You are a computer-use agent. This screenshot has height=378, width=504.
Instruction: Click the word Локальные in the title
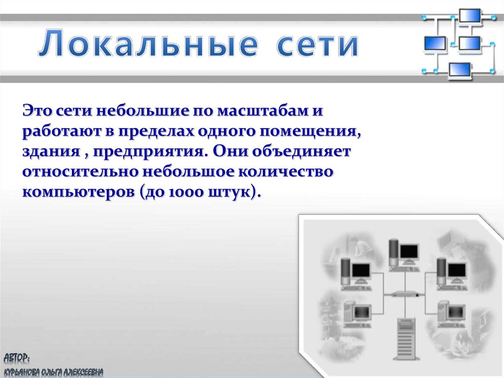click(x=148, y=43)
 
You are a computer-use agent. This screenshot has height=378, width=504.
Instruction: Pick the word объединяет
click(x=301, y=151)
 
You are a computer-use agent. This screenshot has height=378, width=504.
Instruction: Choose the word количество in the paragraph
click(x=285, y=172)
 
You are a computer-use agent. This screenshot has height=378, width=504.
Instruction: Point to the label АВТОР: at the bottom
click(x=17, y=357)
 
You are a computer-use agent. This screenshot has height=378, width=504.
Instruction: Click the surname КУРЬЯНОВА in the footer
click(x=22, y=372)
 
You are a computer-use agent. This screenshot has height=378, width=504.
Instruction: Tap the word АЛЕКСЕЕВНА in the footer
click(x=83, y=372)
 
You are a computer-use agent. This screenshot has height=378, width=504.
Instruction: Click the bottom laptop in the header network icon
click(x=460, y=70)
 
